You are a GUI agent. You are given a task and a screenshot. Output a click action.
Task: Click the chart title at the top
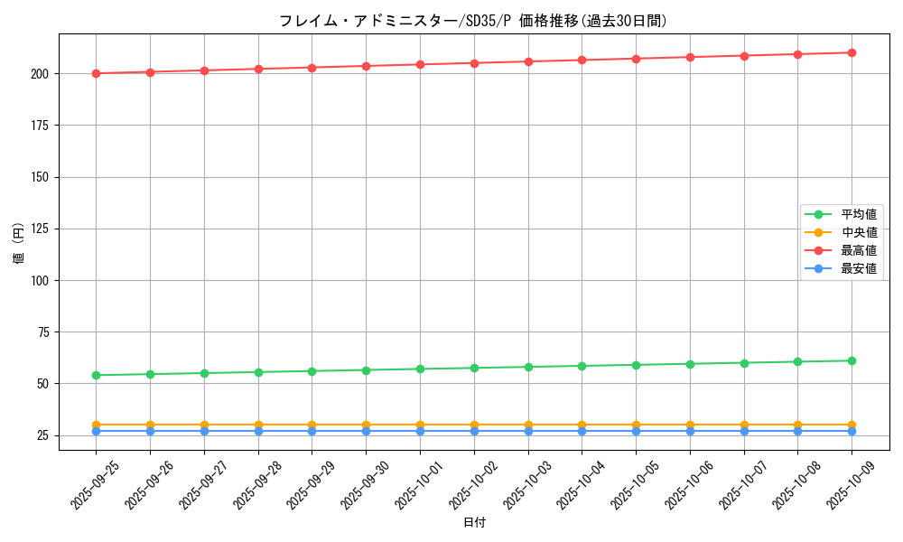(x=473, y=21)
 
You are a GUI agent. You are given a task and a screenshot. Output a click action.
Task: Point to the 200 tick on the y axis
(x=42, y=73)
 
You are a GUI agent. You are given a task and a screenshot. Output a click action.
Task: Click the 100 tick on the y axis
(x=42, y=280)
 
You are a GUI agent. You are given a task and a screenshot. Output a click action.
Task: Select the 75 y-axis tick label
(x=45, y=332)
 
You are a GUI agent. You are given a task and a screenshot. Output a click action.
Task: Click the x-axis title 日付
(x=474, y=523)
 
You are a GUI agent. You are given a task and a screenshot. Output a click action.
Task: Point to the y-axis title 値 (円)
(x=19, y=244)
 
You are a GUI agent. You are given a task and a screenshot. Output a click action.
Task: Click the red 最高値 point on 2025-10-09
(x=852, y=52)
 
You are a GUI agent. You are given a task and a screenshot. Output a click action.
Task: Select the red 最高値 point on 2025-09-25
(x=96, y=73)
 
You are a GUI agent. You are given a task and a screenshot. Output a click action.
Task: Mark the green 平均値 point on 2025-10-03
(x=528, y=367)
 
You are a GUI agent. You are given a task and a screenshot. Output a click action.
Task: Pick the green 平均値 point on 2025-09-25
(x=96, y=375)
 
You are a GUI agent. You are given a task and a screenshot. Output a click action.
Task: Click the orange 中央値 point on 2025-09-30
(x=366, y=425)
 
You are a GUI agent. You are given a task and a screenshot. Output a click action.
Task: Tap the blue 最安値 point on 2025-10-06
(x=690, y=431)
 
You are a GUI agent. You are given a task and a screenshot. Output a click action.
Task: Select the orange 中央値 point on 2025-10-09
(x=852, y=425)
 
